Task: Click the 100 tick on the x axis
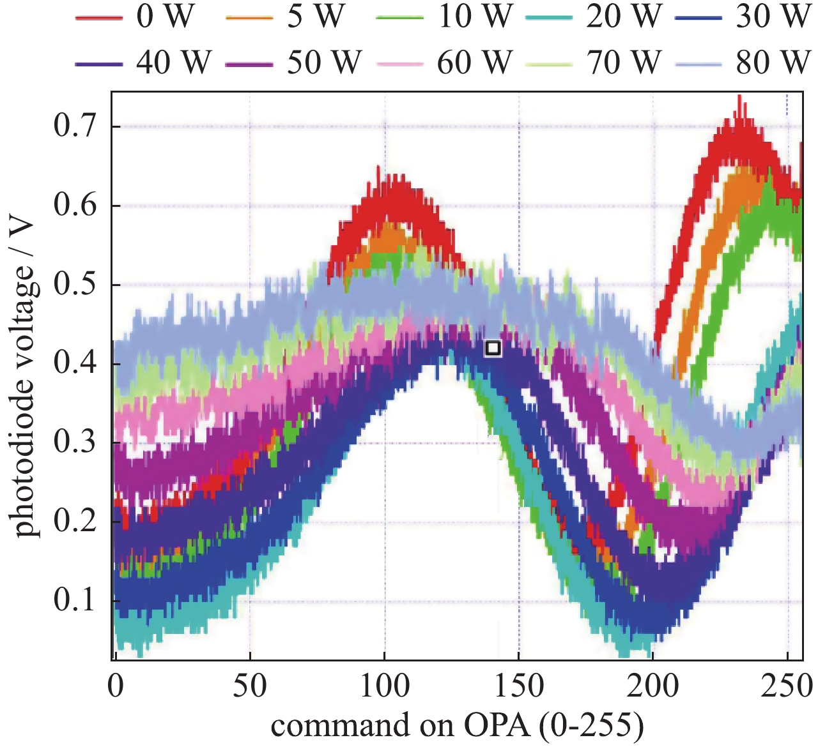point(384,687)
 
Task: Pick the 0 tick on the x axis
point(116,687)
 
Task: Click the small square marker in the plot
point(492,348)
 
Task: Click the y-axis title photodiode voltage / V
point(24,377)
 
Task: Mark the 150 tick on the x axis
point(518,687)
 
